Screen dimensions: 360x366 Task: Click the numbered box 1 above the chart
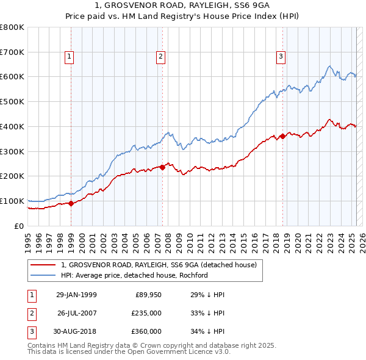69,57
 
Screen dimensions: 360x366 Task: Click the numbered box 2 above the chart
160,57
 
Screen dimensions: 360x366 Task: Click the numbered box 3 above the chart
281,57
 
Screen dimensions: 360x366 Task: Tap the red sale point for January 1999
71,204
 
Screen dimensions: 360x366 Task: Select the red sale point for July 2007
163,167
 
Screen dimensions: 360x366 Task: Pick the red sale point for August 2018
282,137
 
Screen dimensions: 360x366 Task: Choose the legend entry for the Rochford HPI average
135,275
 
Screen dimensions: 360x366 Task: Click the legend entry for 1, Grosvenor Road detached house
159,265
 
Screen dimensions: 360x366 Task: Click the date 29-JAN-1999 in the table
76,295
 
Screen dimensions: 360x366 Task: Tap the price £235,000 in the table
146,313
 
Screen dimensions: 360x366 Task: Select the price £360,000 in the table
146,331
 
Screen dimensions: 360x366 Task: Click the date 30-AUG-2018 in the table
76,331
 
